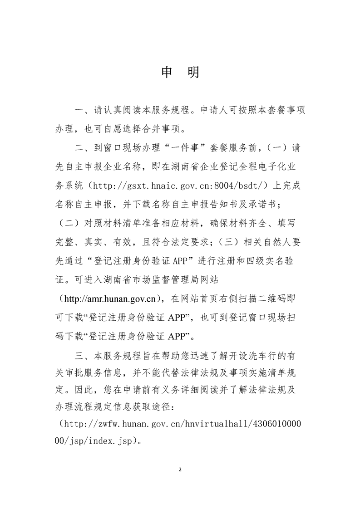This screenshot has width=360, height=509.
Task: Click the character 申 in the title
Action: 167,72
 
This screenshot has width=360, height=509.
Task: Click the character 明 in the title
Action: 193,72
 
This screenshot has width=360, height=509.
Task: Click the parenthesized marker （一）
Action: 275,148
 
